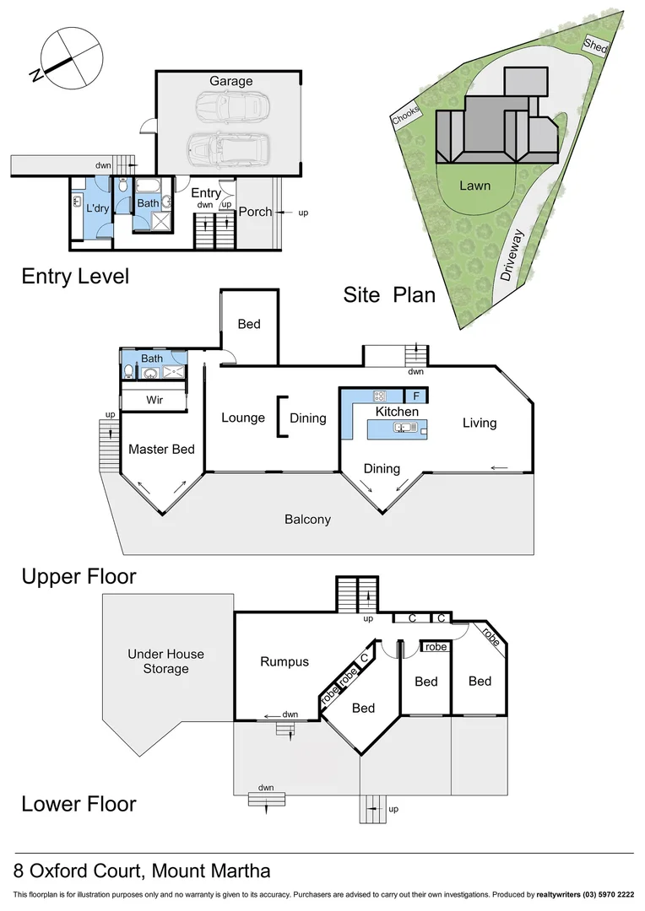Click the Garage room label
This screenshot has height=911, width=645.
[230, 81]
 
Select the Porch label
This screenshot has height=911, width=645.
[255, 211]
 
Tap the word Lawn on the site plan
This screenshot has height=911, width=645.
[475, 185]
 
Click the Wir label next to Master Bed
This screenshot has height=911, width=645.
[154, 399]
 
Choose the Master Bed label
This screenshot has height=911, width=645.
[161, 450]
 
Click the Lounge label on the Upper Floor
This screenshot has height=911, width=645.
[243, 418]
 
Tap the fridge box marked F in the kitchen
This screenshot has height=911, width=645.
[415, 396]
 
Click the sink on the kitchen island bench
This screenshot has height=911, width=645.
[402, 429]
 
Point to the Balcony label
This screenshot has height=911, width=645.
[307, 520]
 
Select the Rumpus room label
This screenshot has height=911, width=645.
[285, 662]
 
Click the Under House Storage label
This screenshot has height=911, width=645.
[165, 661]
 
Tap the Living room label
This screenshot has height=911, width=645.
[480, 423]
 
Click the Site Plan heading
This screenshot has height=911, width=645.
[389, 294]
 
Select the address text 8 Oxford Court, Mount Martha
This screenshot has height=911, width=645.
[142, 871]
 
